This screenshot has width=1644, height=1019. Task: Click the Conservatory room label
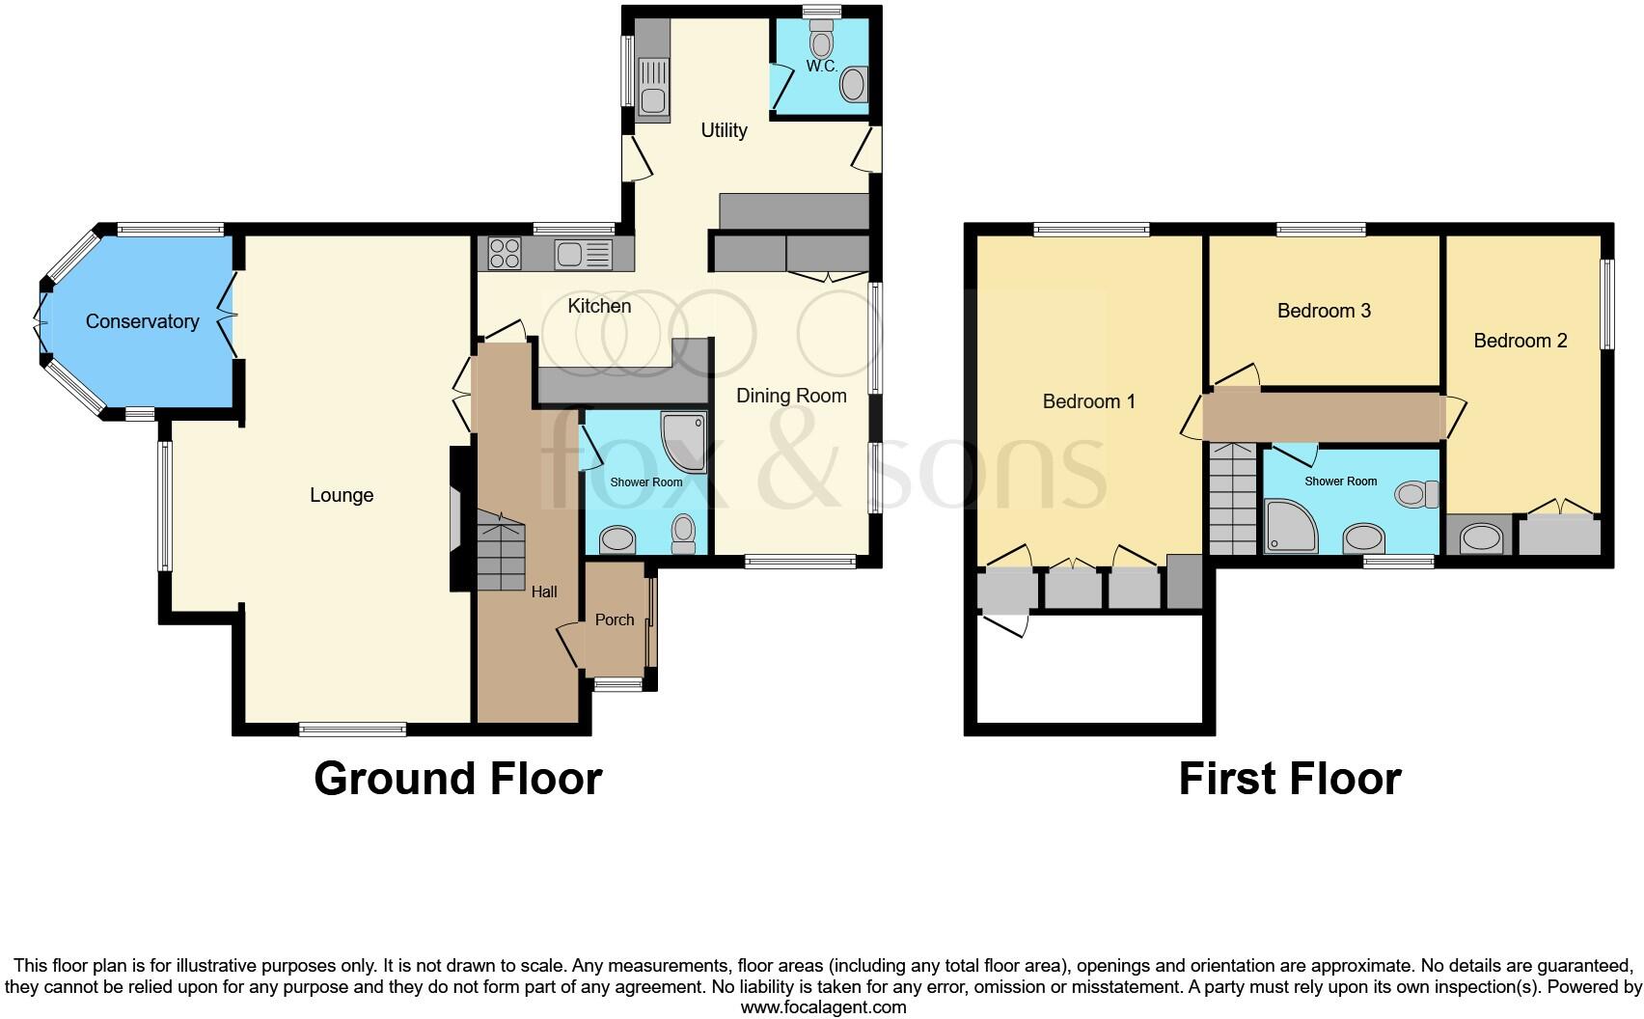[x=142, y=321]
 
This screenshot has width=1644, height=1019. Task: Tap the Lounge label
[x=342, y=495]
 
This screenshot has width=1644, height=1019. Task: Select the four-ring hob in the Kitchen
[x=505, y=254]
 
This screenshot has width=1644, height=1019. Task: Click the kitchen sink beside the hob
[x=583, y=254]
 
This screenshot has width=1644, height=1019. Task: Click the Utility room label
[x=724, y=130]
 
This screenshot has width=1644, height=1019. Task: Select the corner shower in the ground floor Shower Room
[x=685, y=441]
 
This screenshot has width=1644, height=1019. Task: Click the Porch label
[x=615, y=620]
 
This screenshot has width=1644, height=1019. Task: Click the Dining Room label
[x=791, y=396]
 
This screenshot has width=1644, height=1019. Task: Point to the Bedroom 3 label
[x=1324, y=311]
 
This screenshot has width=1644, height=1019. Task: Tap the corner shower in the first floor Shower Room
[x=1291, y=526]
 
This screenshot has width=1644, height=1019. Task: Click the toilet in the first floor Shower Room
[x=1415, y=495]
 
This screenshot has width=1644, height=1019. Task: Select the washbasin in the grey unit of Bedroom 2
[x=1480, y=537]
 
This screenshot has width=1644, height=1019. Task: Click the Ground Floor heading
[x=457, y=779]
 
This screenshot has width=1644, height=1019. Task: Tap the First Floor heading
[x=1290, y=779]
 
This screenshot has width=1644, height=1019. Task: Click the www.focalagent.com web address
[x=823, y=1007]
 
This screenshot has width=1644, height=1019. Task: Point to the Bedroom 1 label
[x=1089, y=401]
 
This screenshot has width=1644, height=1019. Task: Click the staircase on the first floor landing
[x=1233, y=499]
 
